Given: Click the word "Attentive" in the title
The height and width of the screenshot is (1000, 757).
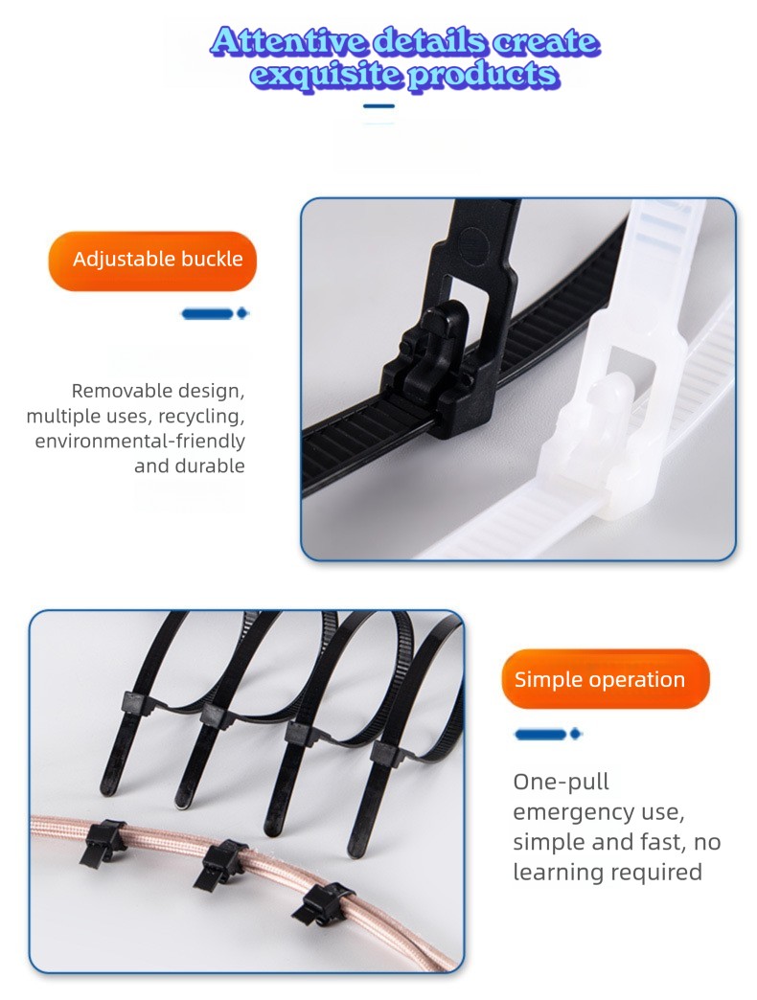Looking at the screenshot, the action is click(x=288, y=41).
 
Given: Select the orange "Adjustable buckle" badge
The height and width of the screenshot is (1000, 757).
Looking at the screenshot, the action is click(x=152, y=261).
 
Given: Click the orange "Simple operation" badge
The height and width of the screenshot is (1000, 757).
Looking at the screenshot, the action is click(x=606, y=679).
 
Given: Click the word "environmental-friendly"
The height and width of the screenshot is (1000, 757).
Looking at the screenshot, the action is click(x=140, y=441).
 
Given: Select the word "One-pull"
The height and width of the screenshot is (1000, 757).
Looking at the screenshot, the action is click(x=561, y=782).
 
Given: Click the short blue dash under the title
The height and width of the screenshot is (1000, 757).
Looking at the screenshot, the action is click(x=378, y=106).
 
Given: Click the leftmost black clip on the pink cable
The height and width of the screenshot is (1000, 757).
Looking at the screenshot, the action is click(x=102, y=841).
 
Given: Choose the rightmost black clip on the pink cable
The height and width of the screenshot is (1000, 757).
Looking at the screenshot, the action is click(x=323, y=903).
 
